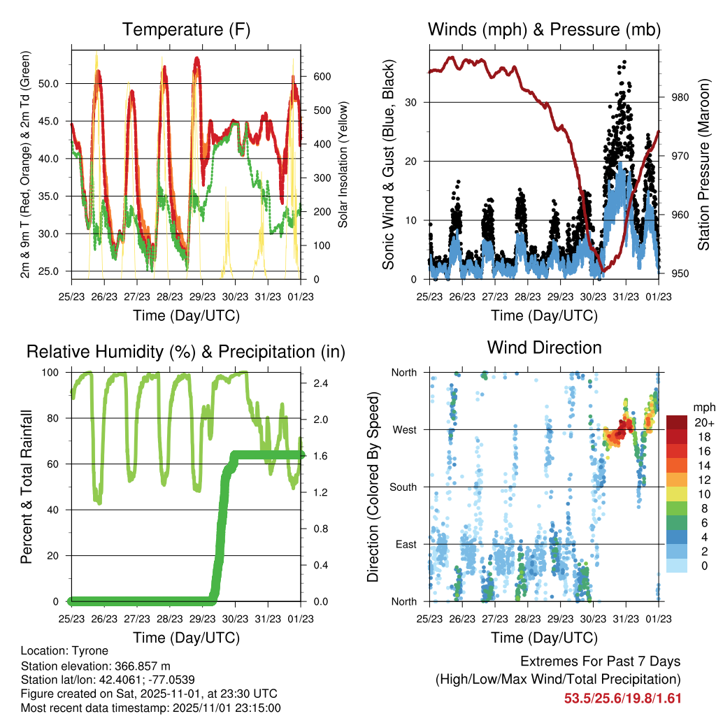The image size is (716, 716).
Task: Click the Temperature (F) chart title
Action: point(185,30)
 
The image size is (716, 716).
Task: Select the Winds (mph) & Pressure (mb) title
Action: point(544,30)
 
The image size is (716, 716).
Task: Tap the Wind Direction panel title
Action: point(544,348)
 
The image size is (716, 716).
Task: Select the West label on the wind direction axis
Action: point(403,429)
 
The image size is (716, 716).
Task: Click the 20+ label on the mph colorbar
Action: point(703,422)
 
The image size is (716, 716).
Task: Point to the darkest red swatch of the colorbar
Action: point(677,422)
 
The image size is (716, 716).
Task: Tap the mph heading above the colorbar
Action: point(702,407)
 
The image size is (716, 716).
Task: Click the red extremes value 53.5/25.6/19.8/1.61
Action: point(622,698)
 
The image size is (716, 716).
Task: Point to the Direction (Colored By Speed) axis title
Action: point(373,487)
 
